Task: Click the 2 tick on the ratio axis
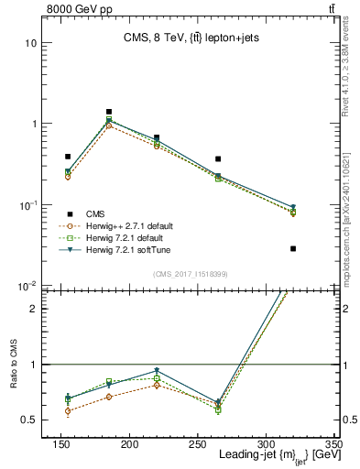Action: pos(38,309)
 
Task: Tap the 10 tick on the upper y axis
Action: pos(33,43)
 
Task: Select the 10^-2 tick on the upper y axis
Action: pos(31,285)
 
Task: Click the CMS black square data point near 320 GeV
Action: pos(293,248)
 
